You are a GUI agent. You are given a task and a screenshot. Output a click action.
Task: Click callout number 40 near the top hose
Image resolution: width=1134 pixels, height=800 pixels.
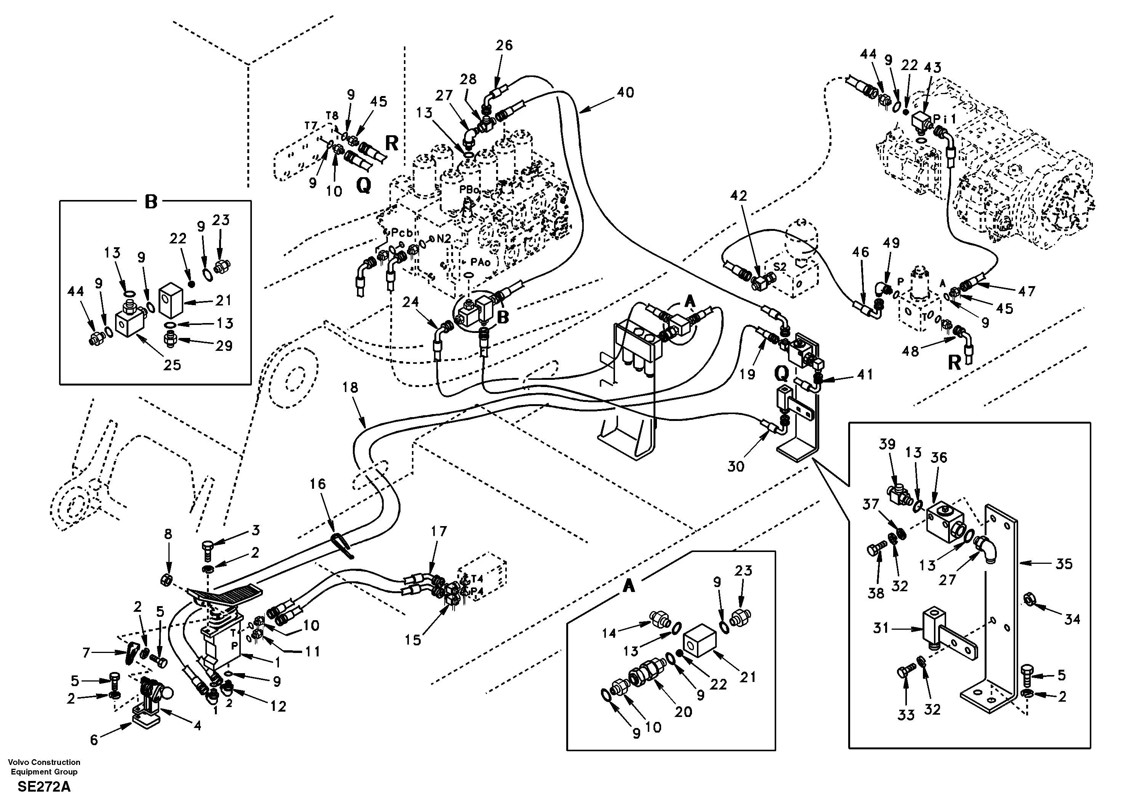[625, 92]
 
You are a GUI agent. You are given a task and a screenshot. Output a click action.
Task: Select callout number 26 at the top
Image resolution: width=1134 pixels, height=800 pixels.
[504, 45]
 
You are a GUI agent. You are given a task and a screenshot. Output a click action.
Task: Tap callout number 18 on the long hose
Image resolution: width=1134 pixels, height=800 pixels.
[350, 388]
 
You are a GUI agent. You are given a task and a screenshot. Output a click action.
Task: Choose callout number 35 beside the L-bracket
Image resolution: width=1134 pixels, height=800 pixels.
[1064, 563]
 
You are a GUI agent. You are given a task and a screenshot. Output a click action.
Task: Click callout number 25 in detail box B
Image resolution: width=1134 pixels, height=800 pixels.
[172, 365]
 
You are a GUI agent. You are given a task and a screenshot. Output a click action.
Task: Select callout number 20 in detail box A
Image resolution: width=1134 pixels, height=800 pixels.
[684, 712]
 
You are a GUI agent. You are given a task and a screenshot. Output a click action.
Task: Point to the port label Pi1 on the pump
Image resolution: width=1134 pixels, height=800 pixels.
[944, 119]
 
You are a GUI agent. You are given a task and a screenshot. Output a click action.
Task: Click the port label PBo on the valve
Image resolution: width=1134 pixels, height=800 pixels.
[469, 189]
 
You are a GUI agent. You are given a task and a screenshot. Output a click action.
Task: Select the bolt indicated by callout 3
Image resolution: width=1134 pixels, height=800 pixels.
[207, 548]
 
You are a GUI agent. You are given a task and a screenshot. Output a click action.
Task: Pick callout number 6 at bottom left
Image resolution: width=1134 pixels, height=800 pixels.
[94, 739]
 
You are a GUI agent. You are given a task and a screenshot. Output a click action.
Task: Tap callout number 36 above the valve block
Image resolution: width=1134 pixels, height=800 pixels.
[939, 458]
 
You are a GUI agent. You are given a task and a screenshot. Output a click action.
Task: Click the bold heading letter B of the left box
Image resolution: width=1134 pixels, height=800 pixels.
[151, 202]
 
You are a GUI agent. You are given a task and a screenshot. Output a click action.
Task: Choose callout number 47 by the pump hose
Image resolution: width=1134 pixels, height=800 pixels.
[1026, 291]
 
